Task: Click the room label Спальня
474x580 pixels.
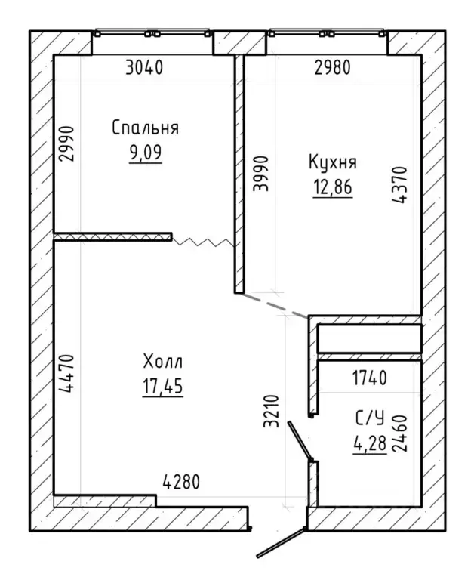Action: click(146, 128)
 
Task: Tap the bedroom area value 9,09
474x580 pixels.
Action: click(146, 152)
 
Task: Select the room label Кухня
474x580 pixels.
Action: click(333, 162)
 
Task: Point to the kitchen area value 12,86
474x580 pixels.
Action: click(333, 187)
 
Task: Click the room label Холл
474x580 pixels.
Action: click(163, 362)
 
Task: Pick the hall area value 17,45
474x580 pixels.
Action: click(163, 387)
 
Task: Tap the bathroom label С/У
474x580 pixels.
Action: click(370, 418)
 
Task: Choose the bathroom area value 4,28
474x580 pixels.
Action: click(370, 443)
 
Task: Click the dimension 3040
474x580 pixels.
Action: click(144, 68)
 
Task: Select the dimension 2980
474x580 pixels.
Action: click(332, 68)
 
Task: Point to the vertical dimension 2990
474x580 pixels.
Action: click(67, 144)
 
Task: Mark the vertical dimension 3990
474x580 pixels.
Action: click(260, 174)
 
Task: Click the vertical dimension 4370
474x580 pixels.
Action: click(399, 185)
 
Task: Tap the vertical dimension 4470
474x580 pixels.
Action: click(67, 373)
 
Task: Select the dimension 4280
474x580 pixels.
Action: click(181, 482)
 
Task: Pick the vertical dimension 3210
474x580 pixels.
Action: click(271, 412)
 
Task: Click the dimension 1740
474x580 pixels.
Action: click(370, 378)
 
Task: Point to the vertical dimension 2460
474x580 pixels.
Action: click(399, 433)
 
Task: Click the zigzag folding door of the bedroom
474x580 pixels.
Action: click(203, 242)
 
